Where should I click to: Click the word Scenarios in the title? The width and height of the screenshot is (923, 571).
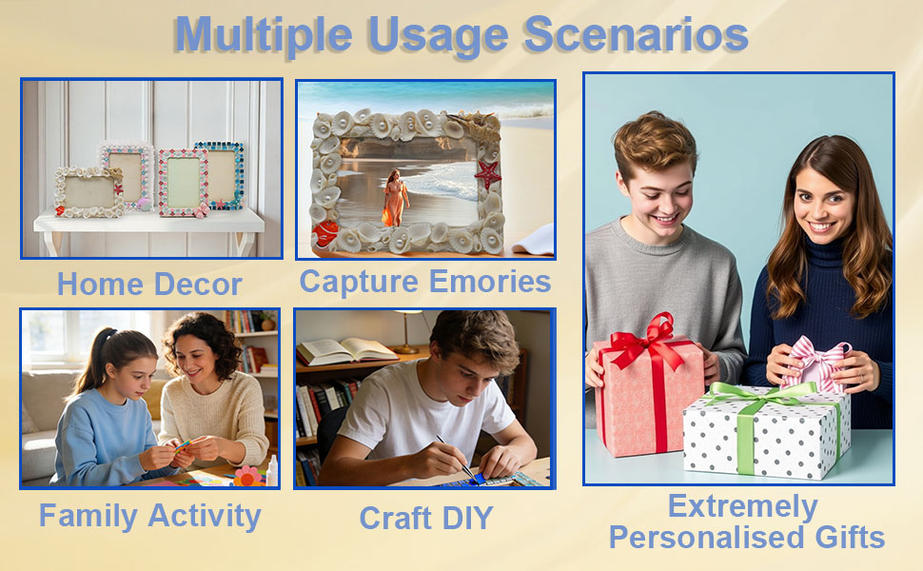click(636, 34)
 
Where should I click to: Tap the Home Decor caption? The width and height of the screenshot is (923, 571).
click(149, 285)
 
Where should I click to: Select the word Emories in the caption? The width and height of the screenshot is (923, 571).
click(490, 281)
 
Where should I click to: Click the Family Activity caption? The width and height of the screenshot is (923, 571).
click(150, 516)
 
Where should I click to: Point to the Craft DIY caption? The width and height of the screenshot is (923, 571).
click(425, 518)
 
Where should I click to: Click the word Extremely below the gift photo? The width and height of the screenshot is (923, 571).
click(743, 506)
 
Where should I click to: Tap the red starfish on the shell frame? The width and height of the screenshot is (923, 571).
click(487, 173)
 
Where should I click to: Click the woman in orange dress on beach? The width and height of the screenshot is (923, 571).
click(395, 198)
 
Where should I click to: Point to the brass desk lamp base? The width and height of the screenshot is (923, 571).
click(405, 349)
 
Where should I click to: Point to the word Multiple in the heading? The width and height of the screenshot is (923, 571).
click(264, 35)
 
